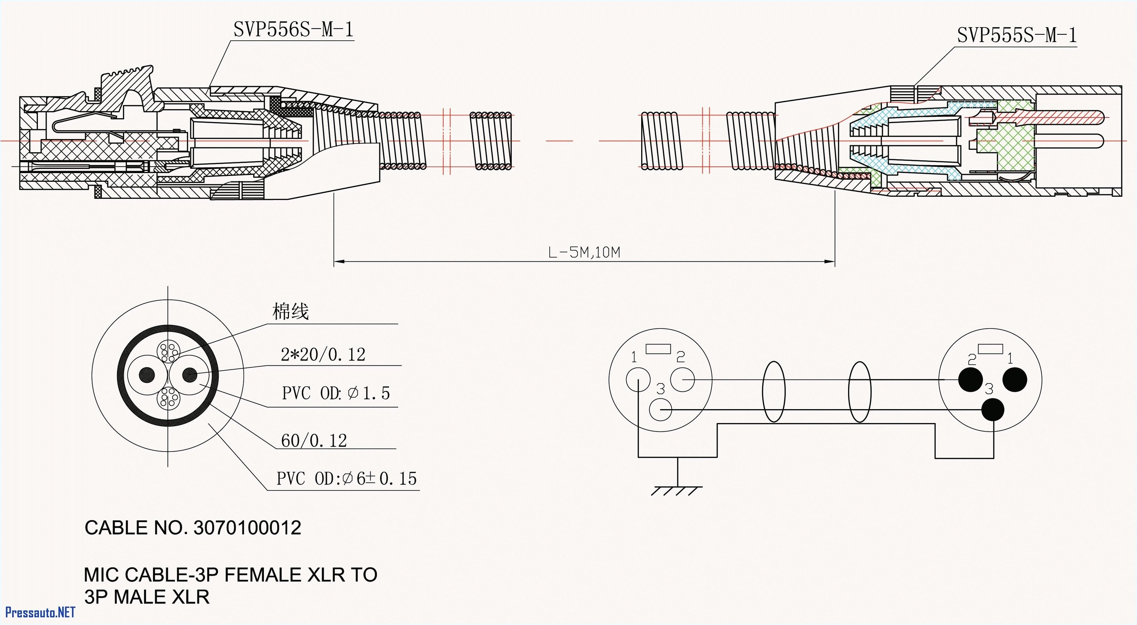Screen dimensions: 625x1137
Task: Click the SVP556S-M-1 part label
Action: [293, 30]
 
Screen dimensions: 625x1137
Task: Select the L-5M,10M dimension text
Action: [583, 252]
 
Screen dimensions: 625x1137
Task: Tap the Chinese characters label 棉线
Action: [290, 311]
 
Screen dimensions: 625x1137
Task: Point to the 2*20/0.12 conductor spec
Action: [323, 355]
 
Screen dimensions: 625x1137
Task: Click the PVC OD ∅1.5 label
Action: [336, 393]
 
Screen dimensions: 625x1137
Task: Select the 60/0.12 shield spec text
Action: [314, 440]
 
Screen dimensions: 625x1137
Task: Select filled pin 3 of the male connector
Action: [993, 410]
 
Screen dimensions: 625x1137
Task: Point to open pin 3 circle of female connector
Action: [660, 410]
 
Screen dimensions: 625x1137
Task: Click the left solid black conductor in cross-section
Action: [147, 375]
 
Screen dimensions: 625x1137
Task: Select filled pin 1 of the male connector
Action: [1015, 379]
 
